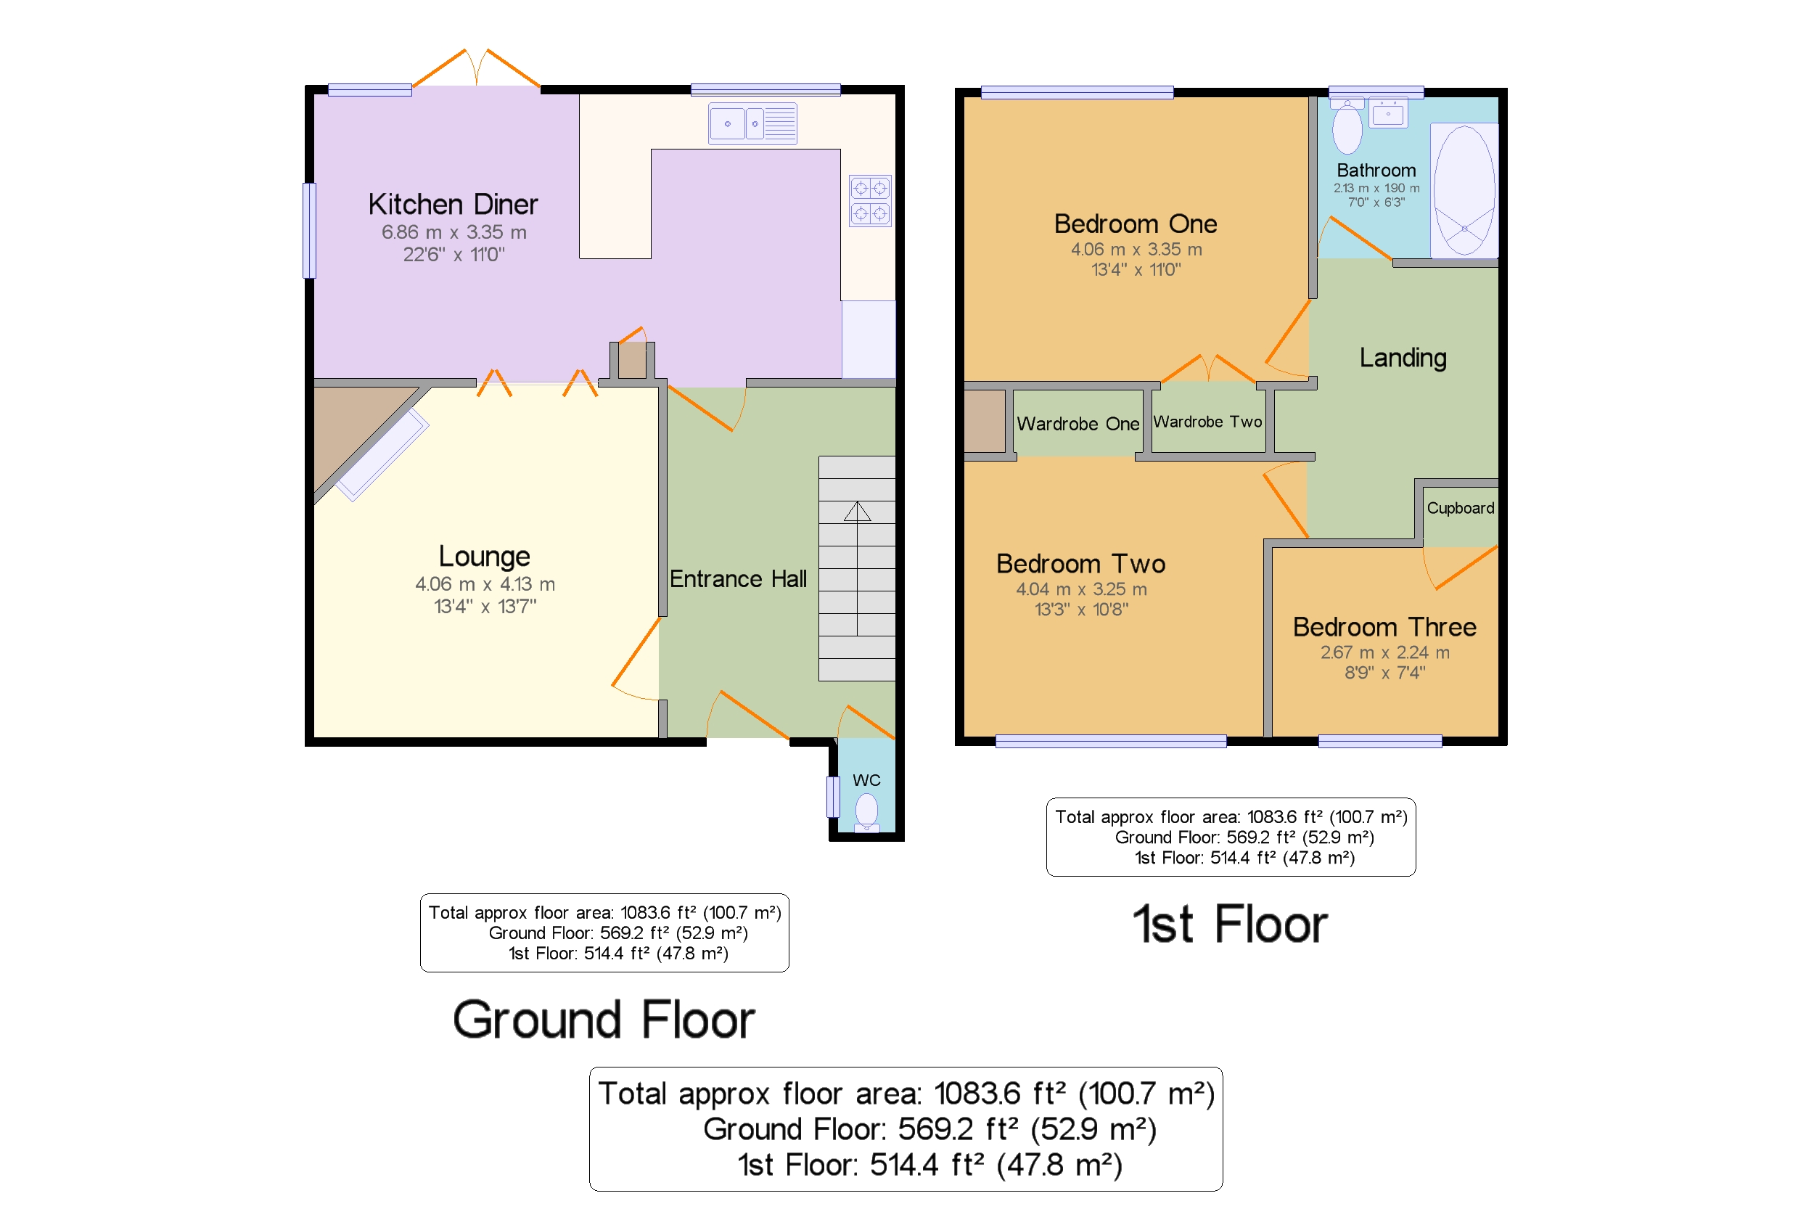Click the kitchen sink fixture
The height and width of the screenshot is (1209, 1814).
point(752,123)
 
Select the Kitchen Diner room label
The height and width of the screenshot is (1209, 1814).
point(453,205)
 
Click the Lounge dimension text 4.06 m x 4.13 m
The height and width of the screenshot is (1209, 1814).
point(485,583)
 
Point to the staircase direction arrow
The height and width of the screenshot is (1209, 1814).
point(856,512)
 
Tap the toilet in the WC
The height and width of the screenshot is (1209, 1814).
point(866,811)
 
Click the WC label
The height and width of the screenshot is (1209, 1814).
point(866,780)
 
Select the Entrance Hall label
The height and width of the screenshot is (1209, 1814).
point(738,579)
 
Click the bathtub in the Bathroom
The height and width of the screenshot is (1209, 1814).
point(1464,190)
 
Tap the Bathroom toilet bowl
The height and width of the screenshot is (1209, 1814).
point(1347,128)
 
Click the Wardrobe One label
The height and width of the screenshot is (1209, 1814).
point(1077,424)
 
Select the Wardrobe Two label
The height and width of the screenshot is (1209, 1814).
point(1207,422)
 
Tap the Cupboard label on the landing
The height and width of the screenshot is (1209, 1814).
point(1459,508)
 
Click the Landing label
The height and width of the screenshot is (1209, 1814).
point(1403,358)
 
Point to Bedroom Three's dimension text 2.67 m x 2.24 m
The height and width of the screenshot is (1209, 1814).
point(1384,652)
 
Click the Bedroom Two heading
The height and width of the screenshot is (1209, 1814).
point(1080,564)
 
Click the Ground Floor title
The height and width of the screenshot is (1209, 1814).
point(604,1020)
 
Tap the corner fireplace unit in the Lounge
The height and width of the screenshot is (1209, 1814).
point(382,455)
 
